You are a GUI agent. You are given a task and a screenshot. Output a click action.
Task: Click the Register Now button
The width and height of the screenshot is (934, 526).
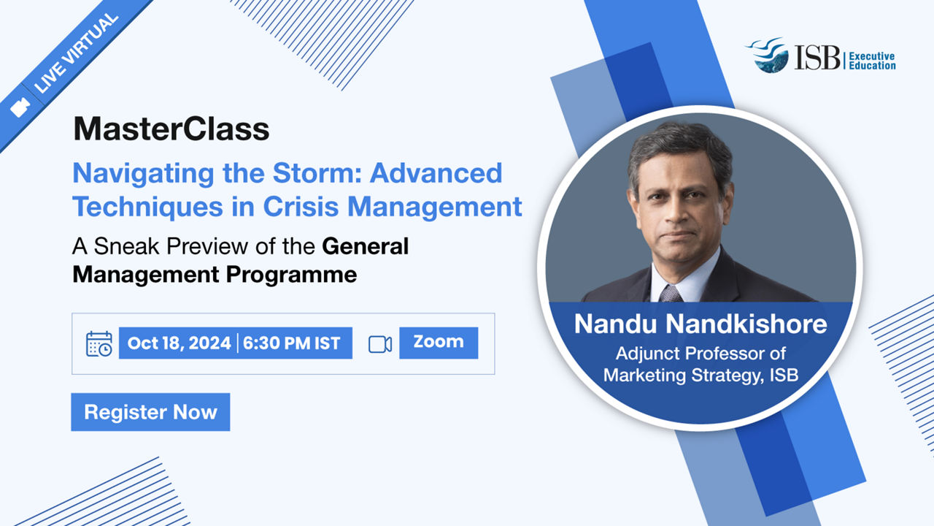click(150, 412)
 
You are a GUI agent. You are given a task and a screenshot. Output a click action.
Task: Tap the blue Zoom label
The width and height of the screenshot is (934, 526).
click(439, 343)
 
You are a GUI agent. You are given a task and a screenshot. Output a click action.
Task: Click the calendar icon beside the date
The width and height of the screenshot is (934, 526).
click(99, 344)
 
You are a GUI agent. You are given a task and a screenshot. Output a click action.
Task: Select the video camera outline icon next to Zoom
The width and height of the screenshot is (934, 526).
click(380, 344)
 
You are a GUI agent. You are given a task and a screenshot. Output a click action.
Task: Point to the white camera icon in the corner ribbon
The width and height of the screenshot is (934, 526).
click(20, 107)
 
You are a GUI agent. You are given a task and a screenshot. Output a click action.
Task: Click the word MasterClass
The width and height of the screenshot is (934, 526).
click(171, 129)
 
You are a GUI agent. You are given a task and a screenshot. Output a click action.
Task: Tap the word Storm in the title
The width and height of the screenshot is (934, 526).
click(317, 173)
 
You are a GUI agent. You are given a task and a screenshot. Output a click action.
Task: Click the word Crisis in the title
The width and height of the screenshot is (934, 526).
click(301, 207)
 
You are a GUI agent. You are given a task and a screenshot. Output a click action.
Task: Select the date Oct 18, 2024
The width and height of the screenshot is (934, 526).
click(179, 343)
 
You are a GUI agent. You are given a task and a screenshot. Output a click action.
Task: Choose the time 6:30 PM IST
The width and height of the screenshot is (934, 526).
click(291, 343)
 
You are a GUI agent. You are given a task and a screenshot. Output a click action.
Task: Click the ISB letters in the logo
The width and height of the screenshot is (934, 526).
click(817, 58)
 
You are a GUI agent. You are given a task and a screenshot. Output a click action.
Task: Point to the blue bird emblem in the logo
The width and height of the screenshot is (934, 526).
click(768, 55)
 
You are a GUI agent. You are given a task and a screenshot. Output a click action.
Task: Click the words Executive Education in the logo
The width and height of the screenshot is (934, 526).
click(872, 61)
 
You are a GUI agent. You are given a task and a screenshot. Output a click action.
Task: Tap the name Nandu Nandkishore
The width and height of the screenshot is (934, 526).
click(700, 324)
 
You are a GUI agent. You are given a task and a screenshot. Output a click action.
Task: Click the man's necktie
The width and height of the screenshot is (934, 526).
click(671, 294)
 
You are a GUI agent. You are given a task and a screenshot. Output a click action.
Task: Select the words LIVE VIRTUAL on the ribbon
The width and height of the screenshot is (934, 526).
click(77, 53)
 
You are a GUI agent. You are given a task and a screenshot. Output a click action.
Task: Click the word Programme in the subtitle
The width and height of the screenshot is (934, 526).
click(291, 275)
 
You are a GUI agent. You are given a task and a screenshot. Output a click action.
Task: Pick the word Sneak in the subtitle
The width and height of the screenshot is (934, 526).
click(126, 246)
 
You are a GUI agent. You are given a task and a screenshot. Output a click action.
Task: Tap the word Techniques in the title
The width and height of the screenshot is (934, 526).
click(148, 207)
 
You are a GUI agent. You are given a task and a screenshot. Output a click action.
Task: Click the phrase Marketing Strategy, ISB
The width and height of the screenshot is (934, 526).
click(700, 375)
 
